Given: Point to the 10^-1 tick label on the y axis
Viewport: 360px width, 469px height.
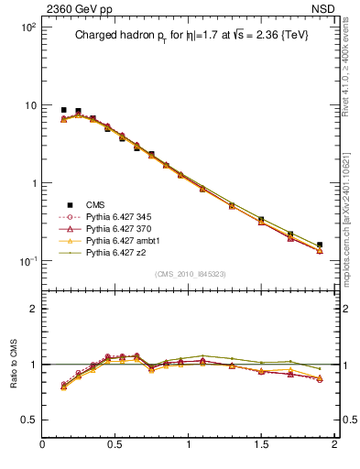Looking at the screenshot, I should point(27,261).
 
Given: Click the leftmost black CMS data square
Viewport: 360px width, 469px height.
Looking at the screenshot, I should point(63,110).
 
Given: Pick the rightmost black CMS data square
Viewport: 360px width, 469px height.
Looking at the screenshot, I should point(320,245).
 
